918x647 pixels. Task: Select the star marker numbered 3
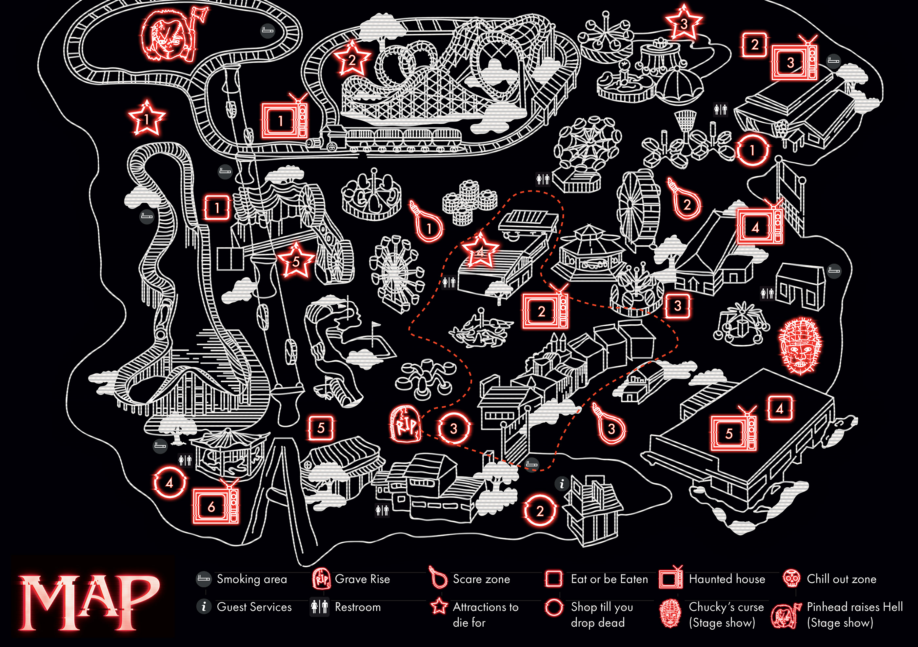pos(684,23)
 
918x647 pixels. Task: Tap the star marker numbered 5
pos(296,261)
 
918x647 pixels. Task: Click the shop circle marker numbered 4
pos(170,482)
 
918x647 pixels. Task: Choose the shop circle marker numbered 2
pos(540,510)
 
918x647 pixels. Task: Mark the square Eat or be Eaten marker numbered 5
pos(321,428)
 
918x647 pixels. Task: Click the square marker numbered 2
pos(754,44)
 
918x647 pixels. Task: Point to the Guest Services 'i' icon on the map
pos(562,484)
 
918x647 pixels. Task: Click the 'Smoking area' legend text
pos(252,579)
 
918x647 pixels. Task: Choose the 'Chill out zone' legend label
pos(841,579)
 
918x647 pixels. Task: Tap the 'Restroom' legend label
pos(358,607)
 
